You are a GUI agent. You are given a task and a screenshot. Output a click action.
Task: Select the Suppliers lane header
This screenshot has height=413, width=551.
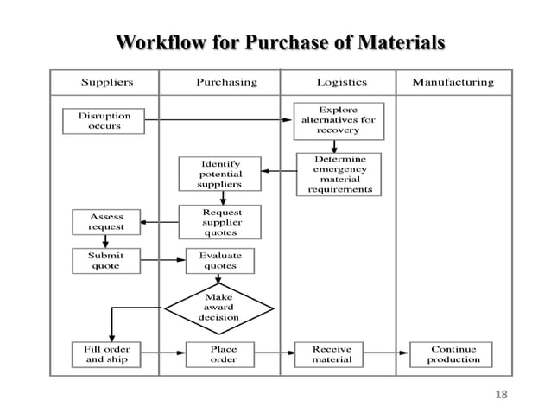pyautogui.click(x=106, y=83)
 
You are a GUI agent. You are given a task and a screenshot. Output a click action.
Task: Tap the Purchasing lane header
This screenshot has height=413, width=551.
pyautogui.click(x=226, y=83)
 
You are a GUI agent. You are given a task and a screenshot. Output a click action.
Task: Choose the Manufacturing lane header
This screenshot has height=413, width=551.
pyautogui.click(x=453, y=83)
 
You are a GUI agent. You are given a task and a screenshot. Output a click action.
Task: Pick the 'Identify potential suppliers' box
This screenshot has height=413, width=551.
pyautogui.click(x=220, y=173)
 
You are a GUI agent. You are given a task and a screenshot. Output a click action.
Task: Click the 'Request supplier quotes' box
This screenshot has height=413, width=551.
pyautogui.click(x=221, y=222)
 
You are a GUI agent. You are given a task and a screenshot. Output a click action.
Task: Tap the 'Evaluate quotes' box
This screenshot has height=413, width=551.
pyautogui.click(x=219, y=261)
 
